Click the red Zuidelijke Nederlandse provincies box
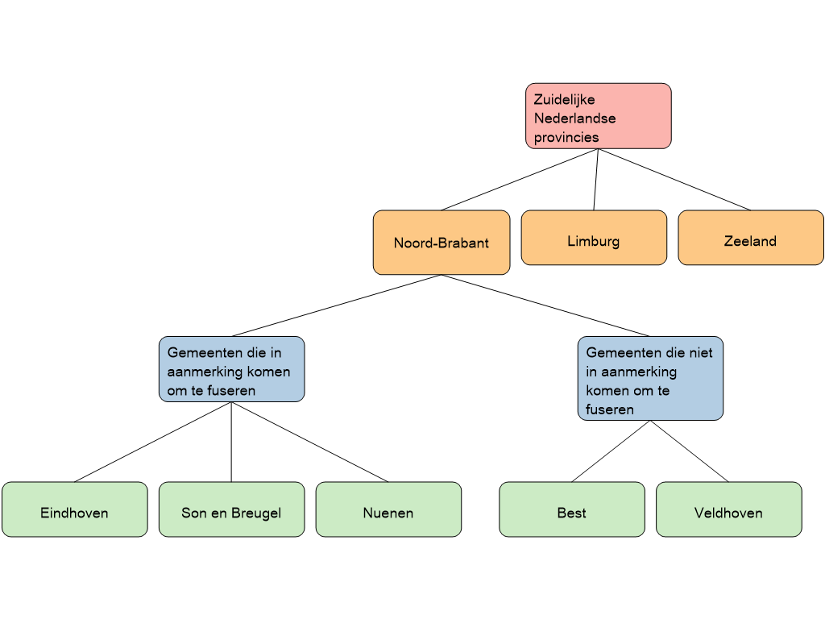tap(598, 116)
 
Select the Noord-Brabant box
tap(442, 243)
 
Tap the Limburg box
tap(594, 238)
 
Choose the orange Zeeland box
tap(750, 238)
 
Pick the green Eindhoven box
tap(74, 509)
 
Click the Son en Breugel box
tap(231, 509)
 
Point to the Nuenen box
tap(388, 509)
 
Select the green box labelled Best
tap(571, 509)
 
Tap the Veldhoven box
tap(728, 509)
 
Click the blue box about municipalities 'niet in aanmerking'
tap(650, 379)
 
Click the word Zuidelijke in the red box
tap(564, 100)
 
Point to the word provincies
tap(566, 137)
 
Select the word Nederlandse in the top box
tap(574, 118)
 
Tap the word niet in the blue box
tap(701, 353)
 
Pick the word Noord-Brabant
tap(442, 243)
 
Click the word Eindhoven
tap(74, 513)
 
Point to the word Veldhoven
tap(728, 513)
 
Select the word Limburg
tap(594, 242)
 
